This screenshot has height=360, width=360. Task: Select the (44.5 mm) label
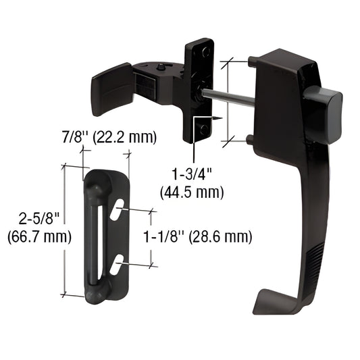[192, 192]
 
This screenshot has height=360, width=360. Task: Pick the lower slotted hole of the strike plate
[118, 263]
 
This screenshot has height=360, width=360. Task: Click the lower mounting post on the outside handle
[251, 140]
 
